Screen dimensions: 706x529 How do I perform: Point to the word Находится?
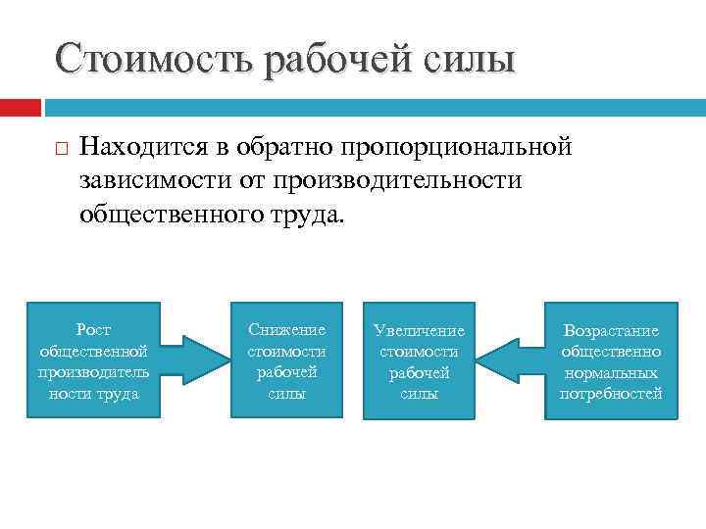coord(147,148)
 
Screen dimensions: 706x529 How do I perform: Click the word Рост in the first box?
coord(93,330)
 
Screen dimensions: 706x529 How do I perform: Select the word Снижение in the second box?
coord(286,330)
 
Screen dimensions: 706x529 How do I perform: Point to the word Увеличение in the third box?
coord(419,331)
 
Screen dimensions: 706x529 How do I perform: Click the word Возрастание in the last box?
coord(611,331)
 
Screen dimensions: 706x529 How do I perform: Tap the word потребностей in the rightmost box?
coord(611,394)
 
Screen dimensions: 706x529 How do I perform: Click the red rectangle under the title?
coord(21,106)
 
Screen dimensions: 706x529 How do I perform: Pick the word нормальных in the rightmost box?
coord(611,373)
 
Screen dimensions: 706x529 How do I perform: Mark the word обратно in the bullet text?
coord(285,148)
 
